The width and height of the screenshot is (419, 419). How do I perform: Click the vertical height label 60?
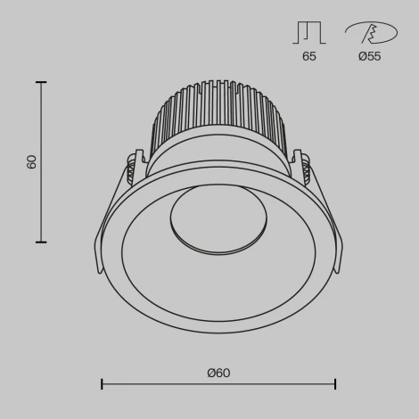tap(32, 162)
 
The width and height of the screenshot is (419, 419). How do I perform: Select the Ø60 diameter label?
tap(218, 373)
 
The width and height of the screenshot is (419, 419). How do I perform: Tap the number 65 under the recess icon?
tap(309, 55)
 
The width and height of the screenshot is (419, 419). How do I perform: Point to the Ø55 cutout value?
tap(370, 55)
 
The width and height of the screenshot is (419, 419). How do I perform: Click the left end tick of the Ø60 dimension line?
tap(102, 384)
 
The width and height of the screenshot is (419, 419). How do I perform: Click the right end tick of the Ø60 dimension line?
tap(335, 384)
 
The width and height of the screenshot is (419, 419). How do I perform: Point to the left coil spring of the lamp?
tap(132, 169)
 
